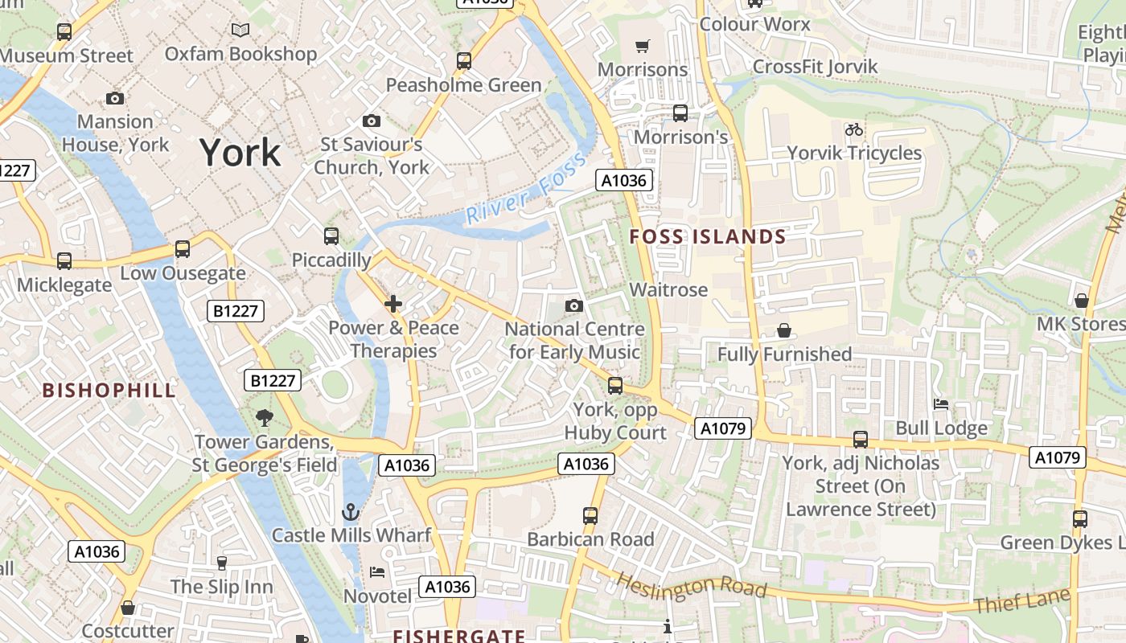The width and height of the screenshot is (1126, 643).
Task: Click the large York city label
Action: (x=240, y=152)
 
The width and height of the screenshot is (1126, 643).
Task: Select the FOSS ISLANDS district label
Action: (x=707, y=236)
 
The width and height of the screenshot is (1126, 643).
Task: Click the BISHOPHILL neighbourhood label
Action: (x=109, y=391)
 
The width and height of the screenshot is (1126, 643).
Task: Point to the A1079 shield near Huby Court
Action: (x=723, y=428)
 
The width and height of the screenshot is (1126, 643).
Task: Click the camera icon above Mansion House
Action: (x=115, y=98)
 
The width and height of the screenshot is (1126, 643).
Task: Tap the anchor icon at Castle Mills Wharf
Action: (x=351, y=512)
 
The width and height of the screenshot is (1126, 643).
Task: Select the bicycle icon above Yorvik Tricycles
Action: (x=853, y=129)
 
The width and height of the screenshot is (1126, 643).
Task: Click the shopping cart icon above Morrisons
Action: (x=642, y=47)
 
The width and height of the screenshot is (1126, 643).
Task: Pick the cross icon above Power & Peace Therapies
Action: (x=393, y=304)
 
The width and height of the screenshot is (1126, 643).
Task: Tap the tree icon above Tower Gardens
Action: (x=263, y=418)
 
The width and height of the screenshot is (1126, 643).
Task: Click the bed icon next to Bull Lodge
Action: (x=940, y=403)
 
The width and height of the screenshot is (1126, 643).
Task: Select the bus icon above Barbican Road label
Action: (x=590, y=515)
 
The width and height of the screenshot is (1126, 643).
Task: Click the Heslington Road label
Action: (x=692, y=585)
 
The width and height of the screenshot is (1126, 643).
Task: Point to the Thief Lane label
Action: (x=1021, y=600)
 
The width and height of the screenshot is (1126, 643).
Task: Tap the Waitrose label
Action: (x=668, y=289)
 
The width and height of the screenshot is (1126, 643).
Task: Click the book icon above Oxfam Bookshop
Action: (x=240, y=31)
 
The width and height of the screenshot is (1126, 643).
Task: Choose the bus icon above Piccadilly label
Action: (x=331, y=236)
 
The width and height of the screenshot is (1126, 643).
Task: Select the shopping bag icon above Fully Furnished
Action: (x=783, y=330)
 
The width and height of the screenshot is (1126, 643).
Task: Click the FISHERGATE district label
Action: (x=458, y=636)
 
